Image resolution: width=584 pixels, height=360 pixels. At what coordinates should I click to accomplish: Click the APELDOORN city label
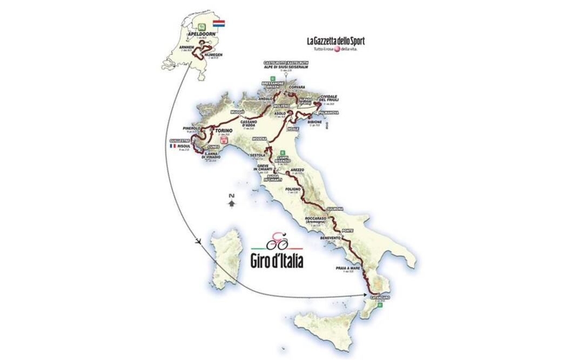[x=200, y=32]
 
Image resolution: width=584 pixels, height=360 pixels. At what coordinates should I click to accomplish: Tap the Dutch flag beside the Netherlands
[x=219, y=24]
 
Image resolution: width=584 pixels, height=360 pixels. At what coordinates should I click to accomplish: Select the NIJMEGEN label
[x=212, y=55]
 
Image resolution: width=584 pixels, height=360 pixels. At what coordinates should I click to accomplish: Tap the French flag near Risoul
[x=173, y=146]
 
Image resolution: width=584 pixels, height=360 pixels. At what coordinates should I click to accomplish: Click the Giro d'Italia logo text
[x=277, y=259]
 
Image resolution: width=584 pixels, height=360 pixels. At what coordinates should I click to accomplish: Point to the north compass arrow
[x=231, y=201]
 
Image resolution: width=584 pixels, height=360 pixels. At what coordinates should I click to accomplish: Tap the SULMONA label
[x=335, y=208]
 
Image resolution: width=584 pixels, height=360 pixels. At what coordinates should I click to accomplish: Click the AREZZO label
[x=298, y=169]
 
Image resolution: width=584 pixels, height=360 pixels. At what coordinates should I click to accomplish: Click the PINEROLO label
[x=192, y=128]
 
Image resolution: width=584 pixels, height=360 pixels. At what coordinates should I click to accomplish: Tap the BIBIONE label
[x=315, y=122]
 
